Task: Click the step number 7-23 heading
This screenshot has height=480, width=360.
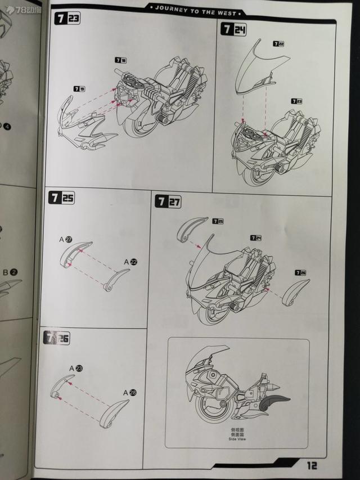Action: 67,19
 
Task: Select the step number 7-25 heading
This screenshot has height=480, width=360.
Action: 62,198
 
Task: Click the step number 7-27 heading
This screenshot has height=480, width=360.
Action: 168,202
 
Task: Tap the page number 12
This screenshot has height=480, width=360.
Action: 312,465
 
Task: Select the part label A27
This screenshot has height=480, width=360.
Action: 66,239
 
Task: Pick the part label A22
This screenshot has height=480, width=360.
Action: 130,261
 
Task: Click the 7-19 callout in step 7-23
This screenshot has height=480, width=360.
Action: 79,89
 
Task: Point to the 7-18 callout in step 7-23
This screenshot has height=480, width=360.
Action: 120,60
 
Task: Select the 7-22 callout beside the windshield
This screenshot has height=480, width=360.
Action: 278,43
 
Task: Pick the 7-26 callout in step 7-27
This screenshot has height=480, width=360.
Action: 300,273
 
